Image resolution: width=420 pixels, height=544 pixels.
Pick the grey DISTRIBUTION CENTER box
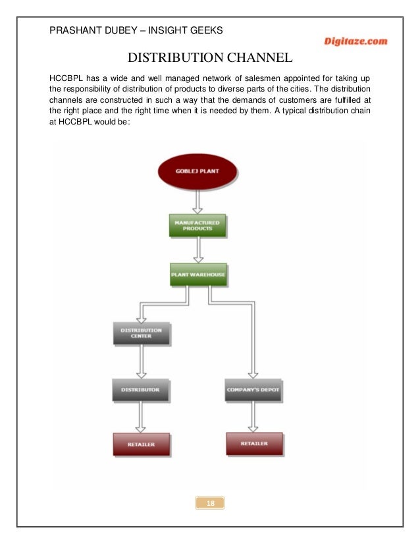142,333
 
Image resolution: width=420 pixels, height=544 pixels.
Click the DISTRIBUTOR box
141,389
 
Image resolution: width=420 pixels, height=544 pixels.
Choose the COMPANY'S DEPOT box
253,389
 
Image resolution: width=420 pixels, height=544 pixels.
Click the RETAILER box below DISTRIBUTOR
141,445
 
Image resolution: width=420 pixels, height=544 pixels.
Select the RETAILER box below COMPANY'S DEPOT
254,443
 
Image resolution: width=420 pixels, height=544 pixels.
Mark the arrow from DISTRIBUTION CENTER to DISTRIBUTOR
141,362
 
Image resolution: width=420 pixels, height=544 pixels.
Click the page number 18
211,504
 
